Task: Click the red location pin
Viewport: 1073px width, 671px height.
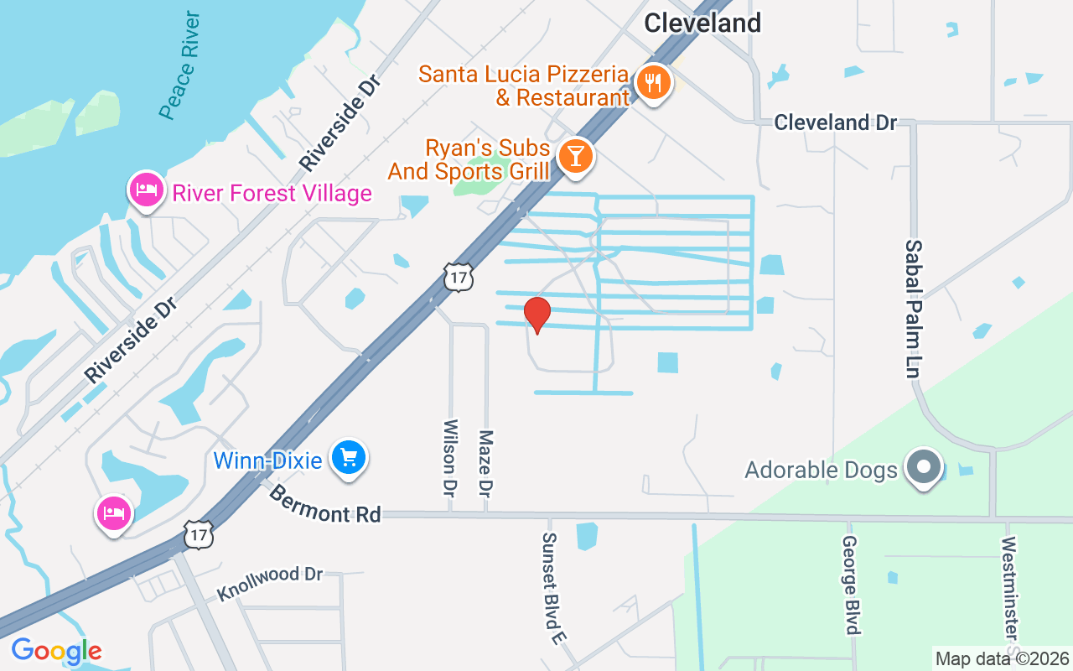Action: pyautogui.click(x=536, y=315)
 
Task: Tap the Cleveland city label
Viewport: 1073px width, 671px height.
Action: pyautogui.click(x=702, y=23)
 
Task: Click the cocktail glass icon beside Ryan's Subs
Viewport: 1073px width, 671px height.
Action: pyautogui.click(x=575, y=155)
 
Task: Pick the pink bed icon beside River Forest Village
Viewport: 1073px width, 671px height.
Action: pyautogui.click(x=146, y=190)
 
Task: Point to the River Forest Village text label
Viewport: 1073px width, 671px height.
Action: pyautogui.click(x=272, y=194)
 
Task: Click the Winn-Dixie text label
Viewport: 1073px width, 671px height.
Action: pyautogui.click(x=267, y=460)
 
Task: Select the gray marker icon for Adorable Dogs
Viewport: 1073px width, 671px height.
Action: pyautogui.click(x=925, y=466)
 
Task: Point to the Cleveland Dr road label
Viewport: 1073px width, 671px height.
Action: pyautogui.click(x=835, y=122)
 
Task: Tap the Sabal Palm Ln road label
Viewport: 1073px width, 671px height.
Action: pyautogui.click(x=914, y=308)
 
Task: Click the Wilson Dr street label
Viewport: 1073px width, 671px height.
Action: pyautogui.click(x=450, y=455)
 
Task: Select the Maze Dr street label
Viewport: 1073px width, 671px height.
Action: pyautogui.click(x=485, y=461)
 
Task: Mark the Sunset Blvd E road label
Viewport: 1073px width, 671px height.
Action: pyautogui.click(x=551, y=588)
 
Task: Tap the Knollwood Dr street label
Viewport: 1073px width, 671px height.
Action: pyautogui.click(x=270, y=584)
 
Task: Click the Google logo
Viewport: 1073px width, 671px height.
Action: pyautogui.click(x=56, y=651)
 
